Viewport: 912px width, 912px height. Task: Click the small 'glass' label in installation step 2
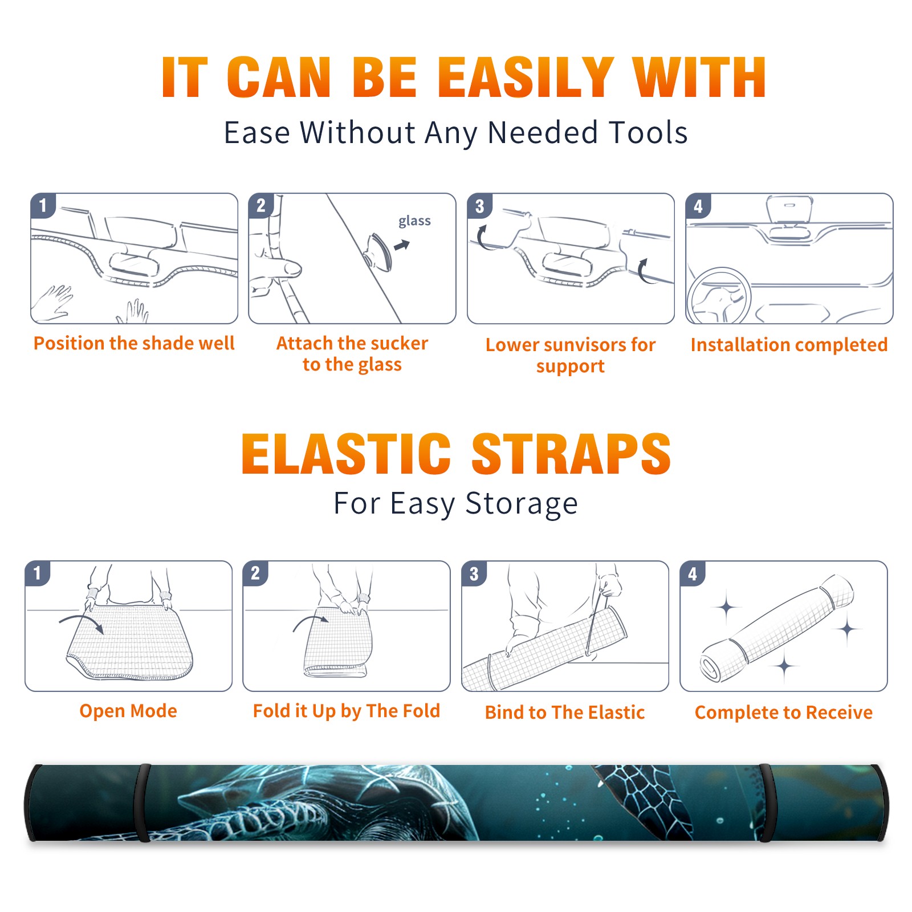414,221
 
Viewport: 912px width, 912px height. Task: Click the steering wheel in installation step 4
718,296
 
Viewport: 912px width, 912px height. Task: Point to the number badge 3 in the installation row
480,206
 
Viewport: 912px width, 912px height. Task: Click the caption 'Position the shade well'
134,343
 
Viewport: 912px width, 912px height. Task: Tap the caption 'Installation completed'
789,344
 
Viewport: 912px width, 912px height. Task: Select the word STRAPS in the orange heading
571,454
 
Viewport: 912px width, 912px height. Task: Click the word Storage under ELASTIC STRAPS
522,504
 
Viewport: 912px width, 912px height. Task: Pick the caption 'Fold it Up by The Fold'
347,711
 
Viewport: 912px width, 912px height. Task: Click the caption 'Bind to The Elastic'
565,712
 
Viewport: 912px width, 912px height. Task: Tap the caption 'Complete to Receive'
784,712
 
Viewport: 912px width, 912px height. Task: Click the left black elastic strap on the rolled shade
141,803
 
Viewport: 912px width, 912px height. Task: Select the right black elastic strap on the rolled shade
766,803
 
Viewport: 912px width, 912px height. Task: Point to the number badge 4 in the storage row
693,573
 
